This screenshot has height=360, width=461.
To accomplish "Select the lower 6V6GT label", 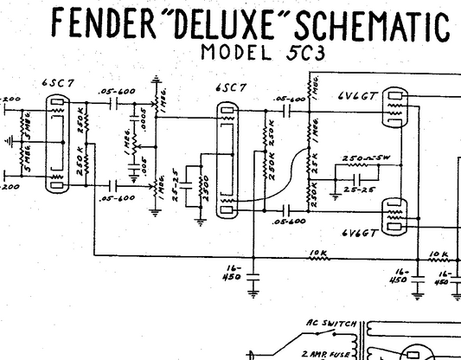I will pyautogui.click(x=358, y=234).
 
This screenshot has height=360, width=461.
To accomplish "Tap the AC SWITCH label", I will pyautogui.click(x=325, y=324).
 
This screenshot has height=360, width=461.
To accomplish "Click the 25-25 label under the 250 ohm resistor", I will pyautogui.click(x=355, y=188).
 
